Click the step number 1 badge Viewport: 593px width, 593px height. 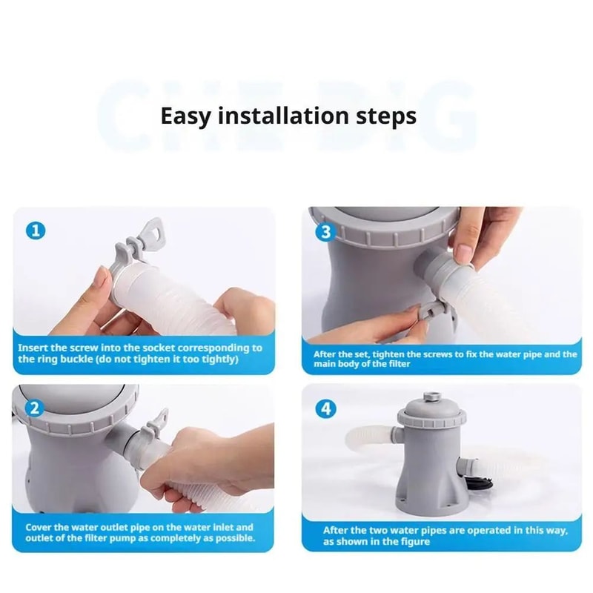point(35,231)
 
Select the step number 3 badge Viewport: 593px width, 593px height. point(323,231)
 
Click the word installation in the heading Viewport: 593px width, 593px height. point(283,116)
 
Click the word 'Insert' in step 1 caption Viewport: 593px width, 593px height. point(34,348)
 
